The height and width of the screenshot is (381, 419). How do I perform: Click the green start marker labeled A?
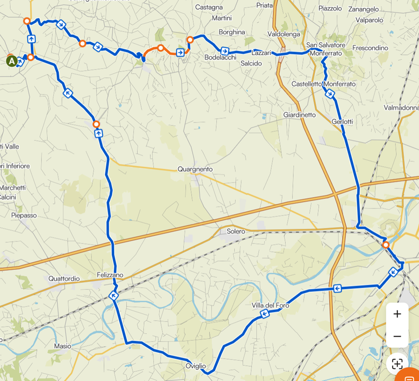point(12,61)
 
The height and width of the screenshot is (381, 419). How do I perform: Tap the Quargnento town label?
point(195,169)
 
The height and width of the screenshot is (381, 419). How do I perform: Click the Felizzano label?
point(110,275)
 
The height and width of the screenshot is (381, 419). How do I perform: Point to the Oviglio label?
point(196,366)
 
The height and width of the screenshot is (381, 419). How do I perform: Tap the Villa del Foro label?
point(271,305)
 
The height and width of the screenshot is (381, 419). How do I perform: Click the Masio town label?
point(63,346)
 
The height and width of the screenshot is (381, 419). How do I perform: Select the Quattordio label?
point(64,278)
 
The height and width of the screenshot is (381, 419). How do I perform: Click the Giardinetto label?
point(299,115)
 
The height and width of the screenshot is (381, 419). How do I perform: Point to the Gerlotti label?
point(342,122)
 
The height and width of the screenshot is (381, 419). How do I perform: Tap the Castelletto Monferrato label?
point(323,84)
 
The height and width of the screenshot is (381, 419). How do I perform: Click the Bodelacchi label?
point(220,58)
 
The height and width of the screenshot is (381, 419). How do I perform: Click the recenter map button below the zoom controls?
point(397,364)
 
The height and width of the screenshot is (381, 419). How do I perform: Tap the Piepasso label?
point(24,215)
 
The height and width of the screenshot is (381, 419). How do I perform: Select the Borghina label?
point(232,32)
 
